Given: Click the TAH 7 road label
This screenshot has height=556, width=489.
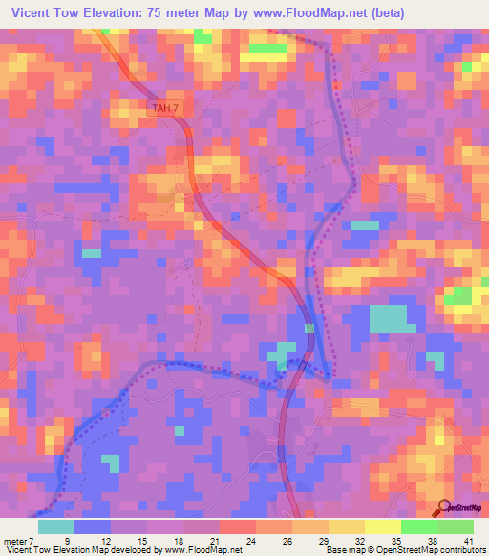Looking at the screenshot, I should tap(165, 108).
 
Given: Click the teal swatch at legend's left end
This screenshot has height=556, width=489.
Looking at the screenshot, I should tap(56, 525).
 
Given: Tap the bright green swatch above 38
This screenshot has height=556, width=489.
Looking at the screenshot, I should tap(419, 525).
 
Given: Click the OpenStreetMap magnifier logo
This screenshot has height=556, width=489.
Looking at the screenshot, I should tap(444, 507).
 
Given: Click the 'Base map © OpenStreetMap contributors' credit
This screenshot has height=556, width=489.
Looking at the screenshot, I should tap(405, 549).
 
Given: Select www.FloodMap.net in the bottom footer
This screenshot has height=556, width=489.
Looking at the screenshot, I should tap(202, 549).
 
